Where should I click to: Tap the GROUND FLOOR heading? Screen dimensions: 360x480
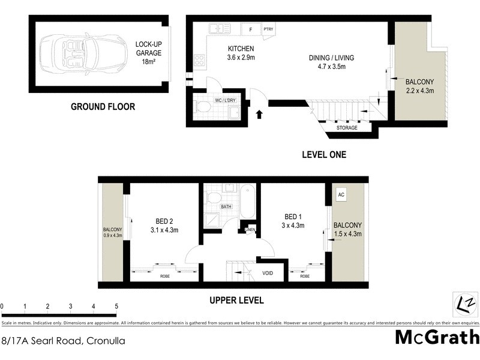(x=103, y=107)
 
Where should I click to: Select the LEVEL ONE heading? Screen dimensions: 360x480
(x=323, y=155)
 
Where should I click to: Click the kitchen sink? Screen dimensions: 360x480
(x=220, y=28)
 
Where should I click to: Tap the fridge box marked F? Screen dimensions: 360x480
(x=250, y=28)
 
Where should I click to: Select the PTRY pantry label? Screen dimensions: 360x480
(x=268, y=28)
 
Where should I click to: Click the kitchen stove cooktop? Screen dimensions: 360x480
(x=199, y=60)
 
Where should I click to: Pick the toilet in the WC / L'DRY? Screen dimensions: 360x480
(x=203, y=108)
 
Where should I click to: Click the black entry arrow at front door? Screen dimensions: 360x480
(x=259, y=113)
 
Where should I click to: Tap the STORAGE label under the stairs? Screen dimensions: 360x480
(x=346, y=128)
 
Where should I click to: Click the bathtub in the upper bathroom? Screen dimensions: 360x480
(x=247, y=202)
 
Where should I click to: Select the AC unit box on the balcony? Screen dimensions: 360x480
(x=341, y=195)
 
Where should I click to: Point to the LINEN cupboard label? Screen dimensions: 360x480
(x=249, y=229)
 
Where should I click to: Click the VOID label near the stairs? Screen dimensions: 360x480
(x=268, y=273)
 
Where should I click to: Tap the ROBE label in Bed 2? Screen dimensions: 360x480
(x=164, y=276)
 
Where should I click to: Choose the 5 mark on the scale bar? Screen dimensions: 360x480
(x=116, y=306)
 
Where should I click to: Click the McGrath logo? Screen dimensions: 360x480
(x=437, y=337)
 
